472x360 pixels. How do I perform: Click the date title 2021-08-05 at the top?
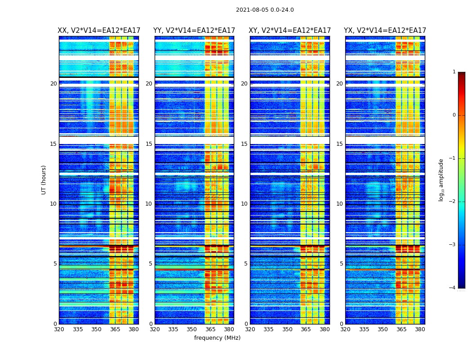[265, 10]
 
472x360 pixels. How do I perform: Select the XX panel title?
[99, 31]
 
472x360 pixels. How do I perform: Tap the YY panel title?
[194, 31]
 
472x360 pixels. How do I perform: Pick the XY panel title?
[289, 31]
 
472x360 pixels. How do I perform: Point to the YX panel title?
[385, 31]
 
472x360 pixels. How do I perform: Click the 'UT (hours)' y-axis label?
[44, 180]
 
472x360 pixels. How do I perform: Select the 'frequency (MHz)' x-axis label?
[217, 338]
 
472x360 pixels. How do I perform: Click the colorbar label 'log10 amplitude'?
[441, 180]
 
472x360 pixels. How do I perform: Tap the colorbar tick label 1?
[454, 72]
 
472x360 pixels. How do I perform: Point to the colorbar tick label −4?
[453, 288]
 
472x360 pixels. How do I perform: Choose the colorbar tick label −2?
[453, 202]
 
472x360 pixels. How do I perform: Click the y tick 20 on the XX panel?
[53, 84]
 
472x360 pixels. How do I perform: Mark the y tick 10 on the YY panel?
[149, 204]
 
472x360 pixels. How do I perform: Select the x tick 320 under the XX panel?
[59, 329]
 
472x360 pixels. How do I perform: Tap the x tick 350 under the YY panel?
[192, 329]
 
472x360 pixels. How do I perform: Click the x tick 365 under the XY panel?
[306, 329]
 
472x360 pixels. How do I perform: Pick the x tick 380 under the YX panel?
[420, 329]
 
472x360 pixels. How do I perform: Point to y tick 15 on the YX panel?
[339, 144]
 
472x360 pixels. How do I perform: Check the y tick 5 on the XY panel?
[246, 264]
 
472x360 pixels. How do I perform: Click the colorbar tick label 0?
[454, 115]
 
